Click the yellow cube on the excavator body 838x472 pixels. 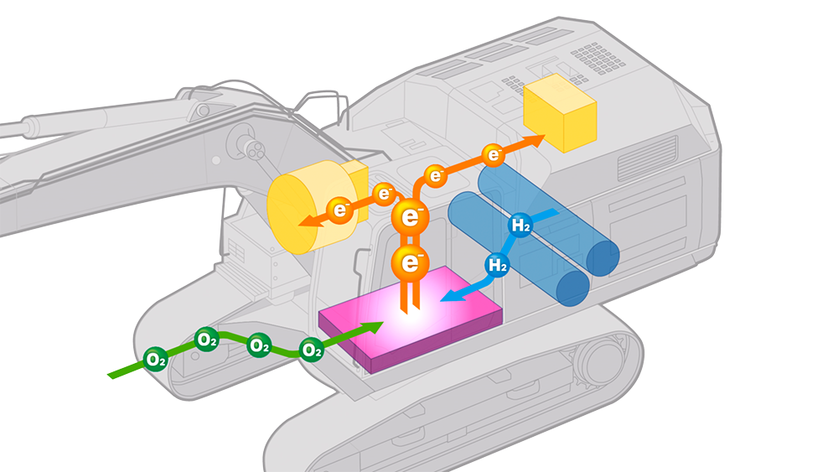click(560, 113)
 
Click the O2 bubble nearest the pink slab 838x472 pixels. click(311, 350)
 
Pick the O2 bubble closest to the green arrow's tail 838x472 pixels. click(156, 359)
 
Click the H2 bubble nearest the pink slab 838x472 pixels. click(498, 264)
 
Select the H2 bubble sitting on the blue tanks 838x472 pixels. click(520, 225)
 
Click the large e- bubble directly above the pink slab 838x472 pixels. click(410, 262)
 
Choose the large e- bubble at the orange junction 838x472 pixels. click(410, 216)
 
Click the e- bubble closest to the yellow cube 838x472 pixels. click(494, 155)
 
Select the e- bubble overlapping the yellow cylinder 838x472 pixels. click(340, 210)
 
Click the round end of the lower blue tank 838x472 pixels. click(573, 288)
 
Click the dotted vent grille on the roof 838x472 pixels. click(597, 57)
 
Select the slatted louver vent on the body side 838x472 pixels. click(647, 158)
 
